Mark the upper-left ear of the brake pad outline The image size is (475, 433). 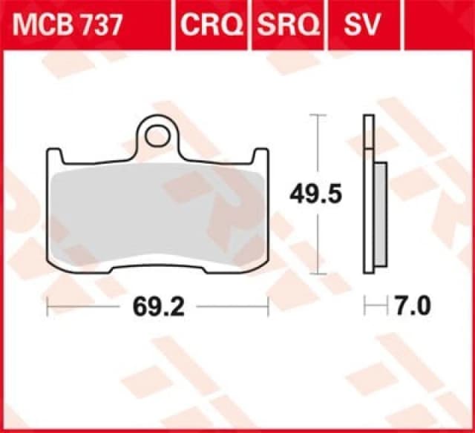pos(54,155)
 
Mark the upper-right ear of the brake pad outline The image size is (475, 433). pos(261,155)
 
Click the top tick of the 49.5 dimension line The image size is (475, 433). pos(318,116)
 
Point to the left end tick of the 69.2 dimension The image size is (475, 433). pos(47,305)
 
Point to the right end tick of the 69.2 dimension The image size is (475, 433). pos(267,305)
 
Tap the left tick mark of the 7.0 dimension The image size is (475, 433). pos(364,305)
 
